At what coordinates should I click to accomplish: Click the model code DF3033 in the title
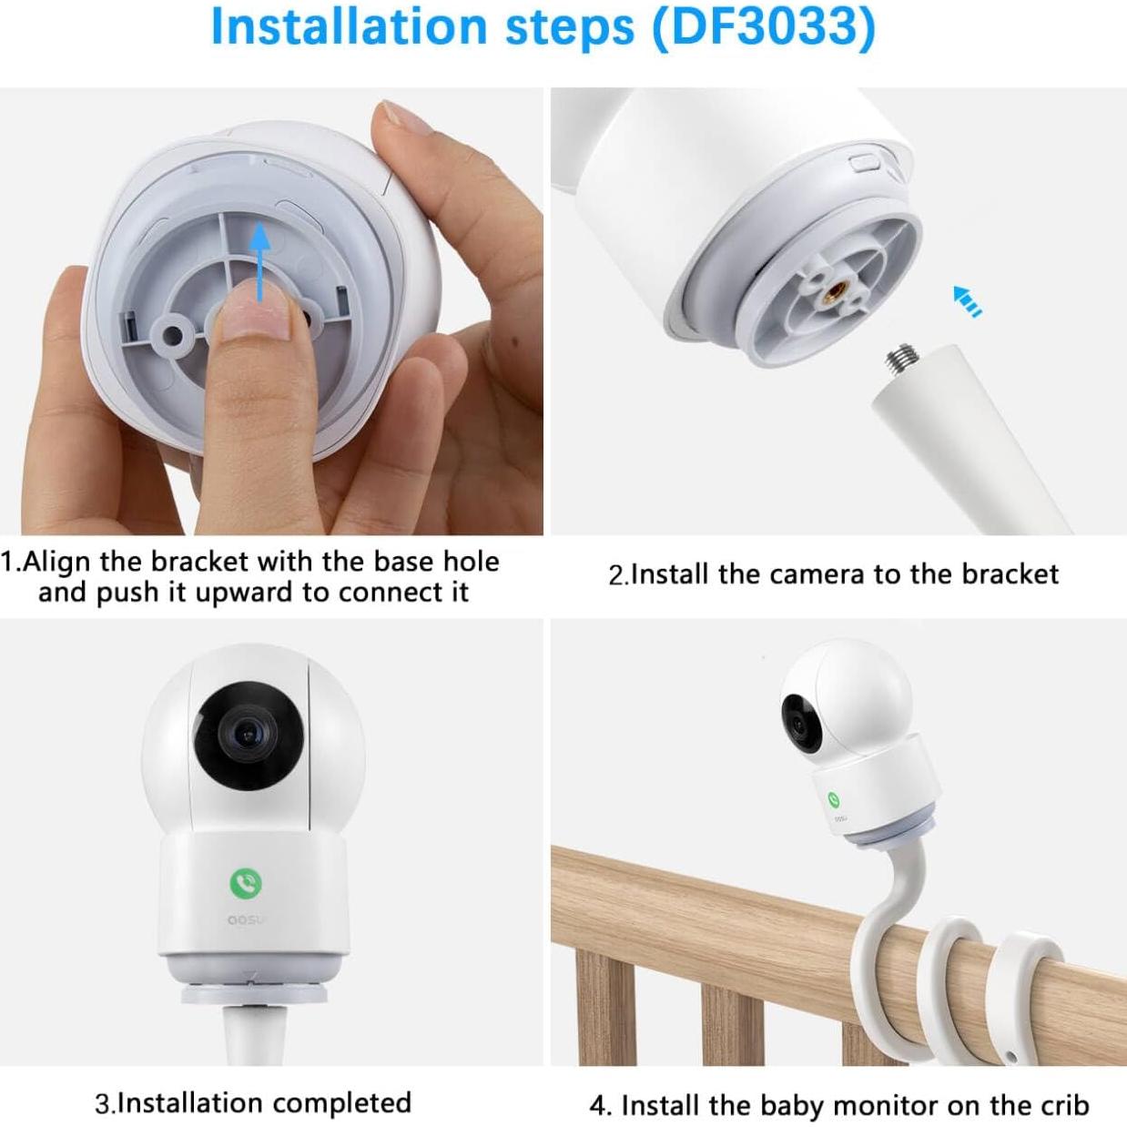point(763,27)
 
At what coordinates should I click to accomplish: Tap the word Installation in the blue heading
point(349,27)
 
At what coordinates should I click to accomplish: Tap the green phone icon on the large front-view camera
point(246,882)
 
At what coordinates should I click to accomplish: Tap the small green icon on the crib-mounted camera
point(834,798)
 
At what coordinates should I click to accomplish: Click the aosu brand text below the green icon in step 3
point(244,920)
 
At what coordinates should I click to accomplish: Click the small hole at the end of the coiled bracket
point(1011,1058)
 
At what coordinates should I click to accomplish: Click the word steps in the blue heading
point(570,27)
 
